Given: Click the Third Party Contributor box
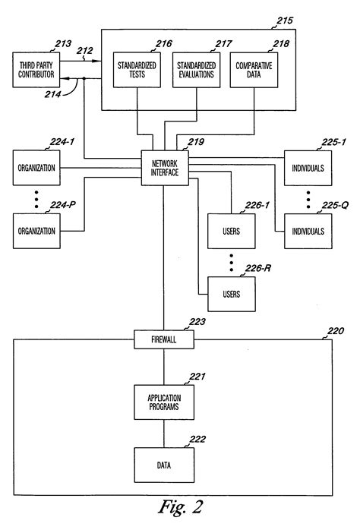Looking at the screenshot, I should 37,71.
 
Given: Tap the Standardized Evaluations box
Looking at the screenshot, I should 194,71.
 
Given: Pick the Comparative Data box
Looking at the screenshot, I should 252,71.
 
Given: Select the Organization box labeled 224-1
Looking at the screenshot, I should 37,168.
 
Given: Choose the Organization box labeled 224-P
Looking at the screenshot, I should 37,231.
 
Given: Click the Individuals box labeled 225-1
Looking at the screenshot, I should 308,168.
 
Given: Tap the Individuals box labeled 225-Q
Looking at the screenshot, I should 308,231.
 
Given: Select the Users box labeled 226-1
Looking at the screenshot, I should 232,231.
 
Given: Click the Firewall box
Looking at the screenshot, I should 163,340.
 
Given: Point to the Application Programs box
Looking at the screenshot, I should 163,400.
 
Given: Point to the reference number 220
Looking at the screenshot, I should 335,331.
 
